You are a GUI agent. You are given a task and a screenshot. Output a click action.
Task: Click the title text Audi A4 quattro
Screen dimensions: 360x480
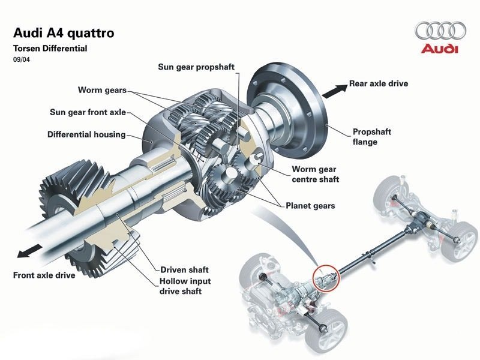coord(63,32)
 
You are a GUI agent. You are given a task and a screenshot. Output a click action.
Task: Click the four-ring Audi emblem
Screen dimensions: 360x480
coord(440,30)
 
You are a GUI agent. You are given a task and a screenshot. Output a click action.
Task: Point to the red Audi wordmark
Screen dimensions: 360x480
coord(440,49)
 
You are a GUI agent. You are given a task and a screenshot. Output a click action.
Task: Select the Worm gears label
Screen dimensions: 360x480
coord(102,90)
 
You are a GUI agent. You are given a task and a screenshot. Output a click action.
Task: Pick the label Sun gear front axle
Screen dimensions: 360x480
coord(87,112)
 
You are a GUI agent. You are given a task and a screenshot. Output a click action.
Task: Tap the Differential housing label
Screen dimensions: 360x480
coord(86,134)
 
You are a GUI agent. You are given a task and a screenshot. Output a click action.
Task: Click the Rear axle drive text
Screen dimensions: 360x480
coord(379,83)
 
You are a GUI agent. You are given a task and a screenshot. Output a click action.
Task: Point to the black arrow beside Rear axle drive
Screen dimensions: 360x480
coord(335,90)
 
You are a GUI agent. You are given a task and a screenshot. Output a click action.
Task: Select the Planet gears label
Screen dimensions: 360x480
coord(310,206)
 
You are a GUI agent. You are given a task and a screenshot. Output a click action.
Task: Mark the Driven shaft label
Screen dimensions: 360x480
coord(184,269)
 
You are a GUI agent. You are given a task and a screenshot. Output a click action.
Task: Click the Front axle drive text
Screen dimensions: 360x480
coord(44,275)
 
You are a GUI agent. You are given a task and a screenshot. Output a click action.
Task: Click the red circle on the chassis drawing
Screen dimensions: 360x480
coord(326,277)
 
